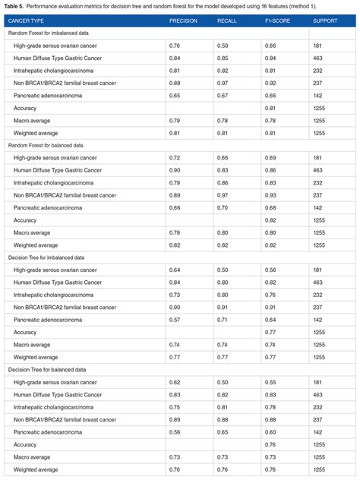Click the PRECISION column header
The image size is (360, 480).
pos(183,21)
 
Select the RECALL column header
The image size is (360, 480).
pos(227,21)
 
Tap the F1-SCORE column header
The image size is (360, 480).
pos(276,21)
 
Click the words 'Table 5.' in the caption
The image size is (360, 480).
pos(17,5)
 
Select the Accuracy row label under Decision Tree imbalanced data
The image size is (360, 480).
pos(25,332)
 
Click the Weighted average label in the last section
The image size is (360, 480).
pos(36,469)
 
